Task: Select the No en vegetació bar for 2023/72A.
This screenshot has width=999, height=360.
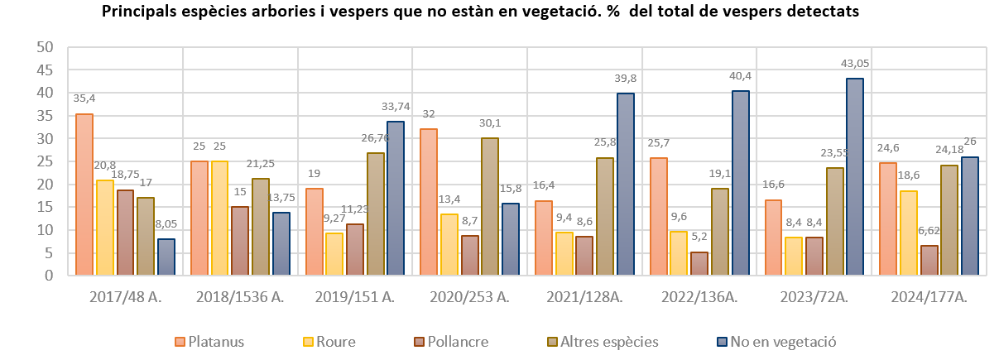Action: pos(855,176)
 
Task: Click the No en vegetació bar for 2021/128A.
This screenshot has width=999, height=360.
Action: pos(625,184)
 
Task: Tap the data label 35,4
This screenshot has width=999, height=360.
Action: pos(84,98)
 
